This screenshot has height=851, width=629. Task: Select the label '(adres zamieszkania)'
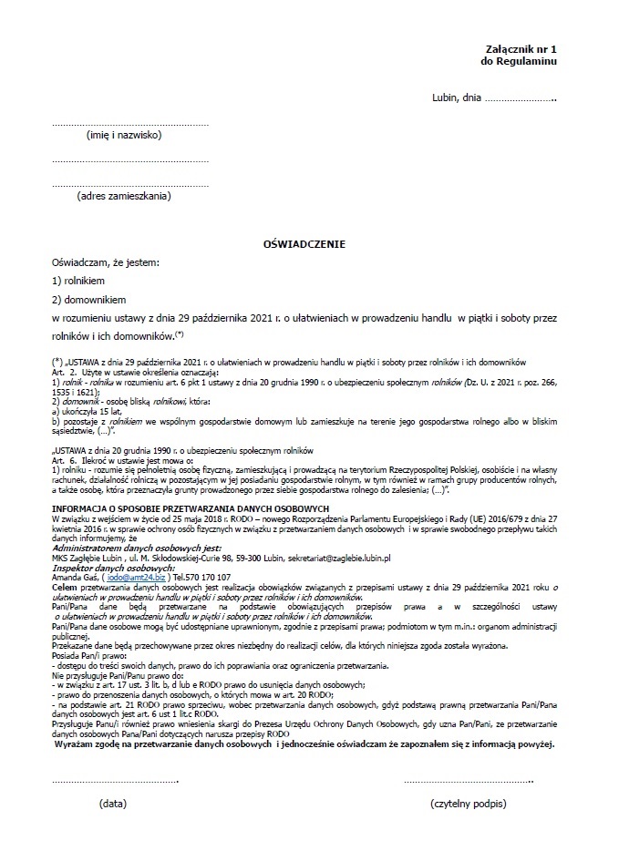pyautogui.click(x=125, y=195)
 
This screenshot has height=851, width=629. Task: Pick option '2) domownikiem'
pyautogui.click(x=88, y=299)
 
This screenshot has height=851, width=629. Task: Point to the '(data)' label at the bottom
pyautogui.click(x=113, y=805)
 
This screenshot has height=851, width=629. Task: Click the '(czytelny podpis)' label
pyautogui.click(x=468, y=805)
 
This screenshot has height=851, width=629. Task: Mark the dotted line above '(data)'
pyautogui.click(x=115, y=781)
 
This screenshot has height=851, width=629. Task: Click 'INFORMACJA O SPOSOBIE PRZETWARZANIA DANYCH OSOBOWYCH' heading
pyautogui.click(x=191, y=507)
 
